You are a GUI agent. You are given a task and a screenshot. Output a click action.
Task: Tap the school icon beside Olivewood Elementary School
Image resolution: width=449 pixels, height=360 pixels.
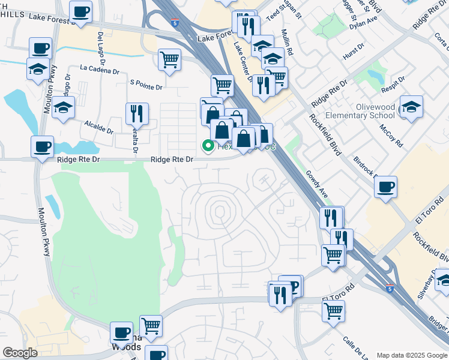[411, 107]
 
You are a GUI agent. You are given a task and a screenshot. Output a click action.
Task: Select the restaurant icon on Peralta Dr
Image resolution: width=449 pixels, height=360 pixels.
[137, 113]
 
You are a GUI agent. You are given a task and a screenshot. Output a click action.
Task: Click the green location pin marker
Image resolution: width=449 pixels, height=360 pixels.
[208, 145]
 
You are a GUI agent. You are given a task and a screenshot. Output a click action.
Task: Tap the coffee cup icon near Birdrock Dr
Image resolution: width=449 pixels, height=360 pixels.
[386, 186]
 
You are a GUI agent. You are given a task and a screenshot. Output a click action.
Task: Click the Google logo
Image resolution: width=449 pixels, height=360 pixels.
[20, 353]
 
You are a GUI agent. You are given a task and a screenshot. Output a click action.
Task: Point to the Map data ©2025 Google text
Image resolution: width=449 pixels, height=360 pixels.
[411, 355]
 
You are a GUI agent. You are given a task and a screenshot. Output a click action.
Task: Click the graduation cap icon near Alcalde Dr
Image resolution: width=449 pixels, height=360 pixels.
[63, 108]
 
